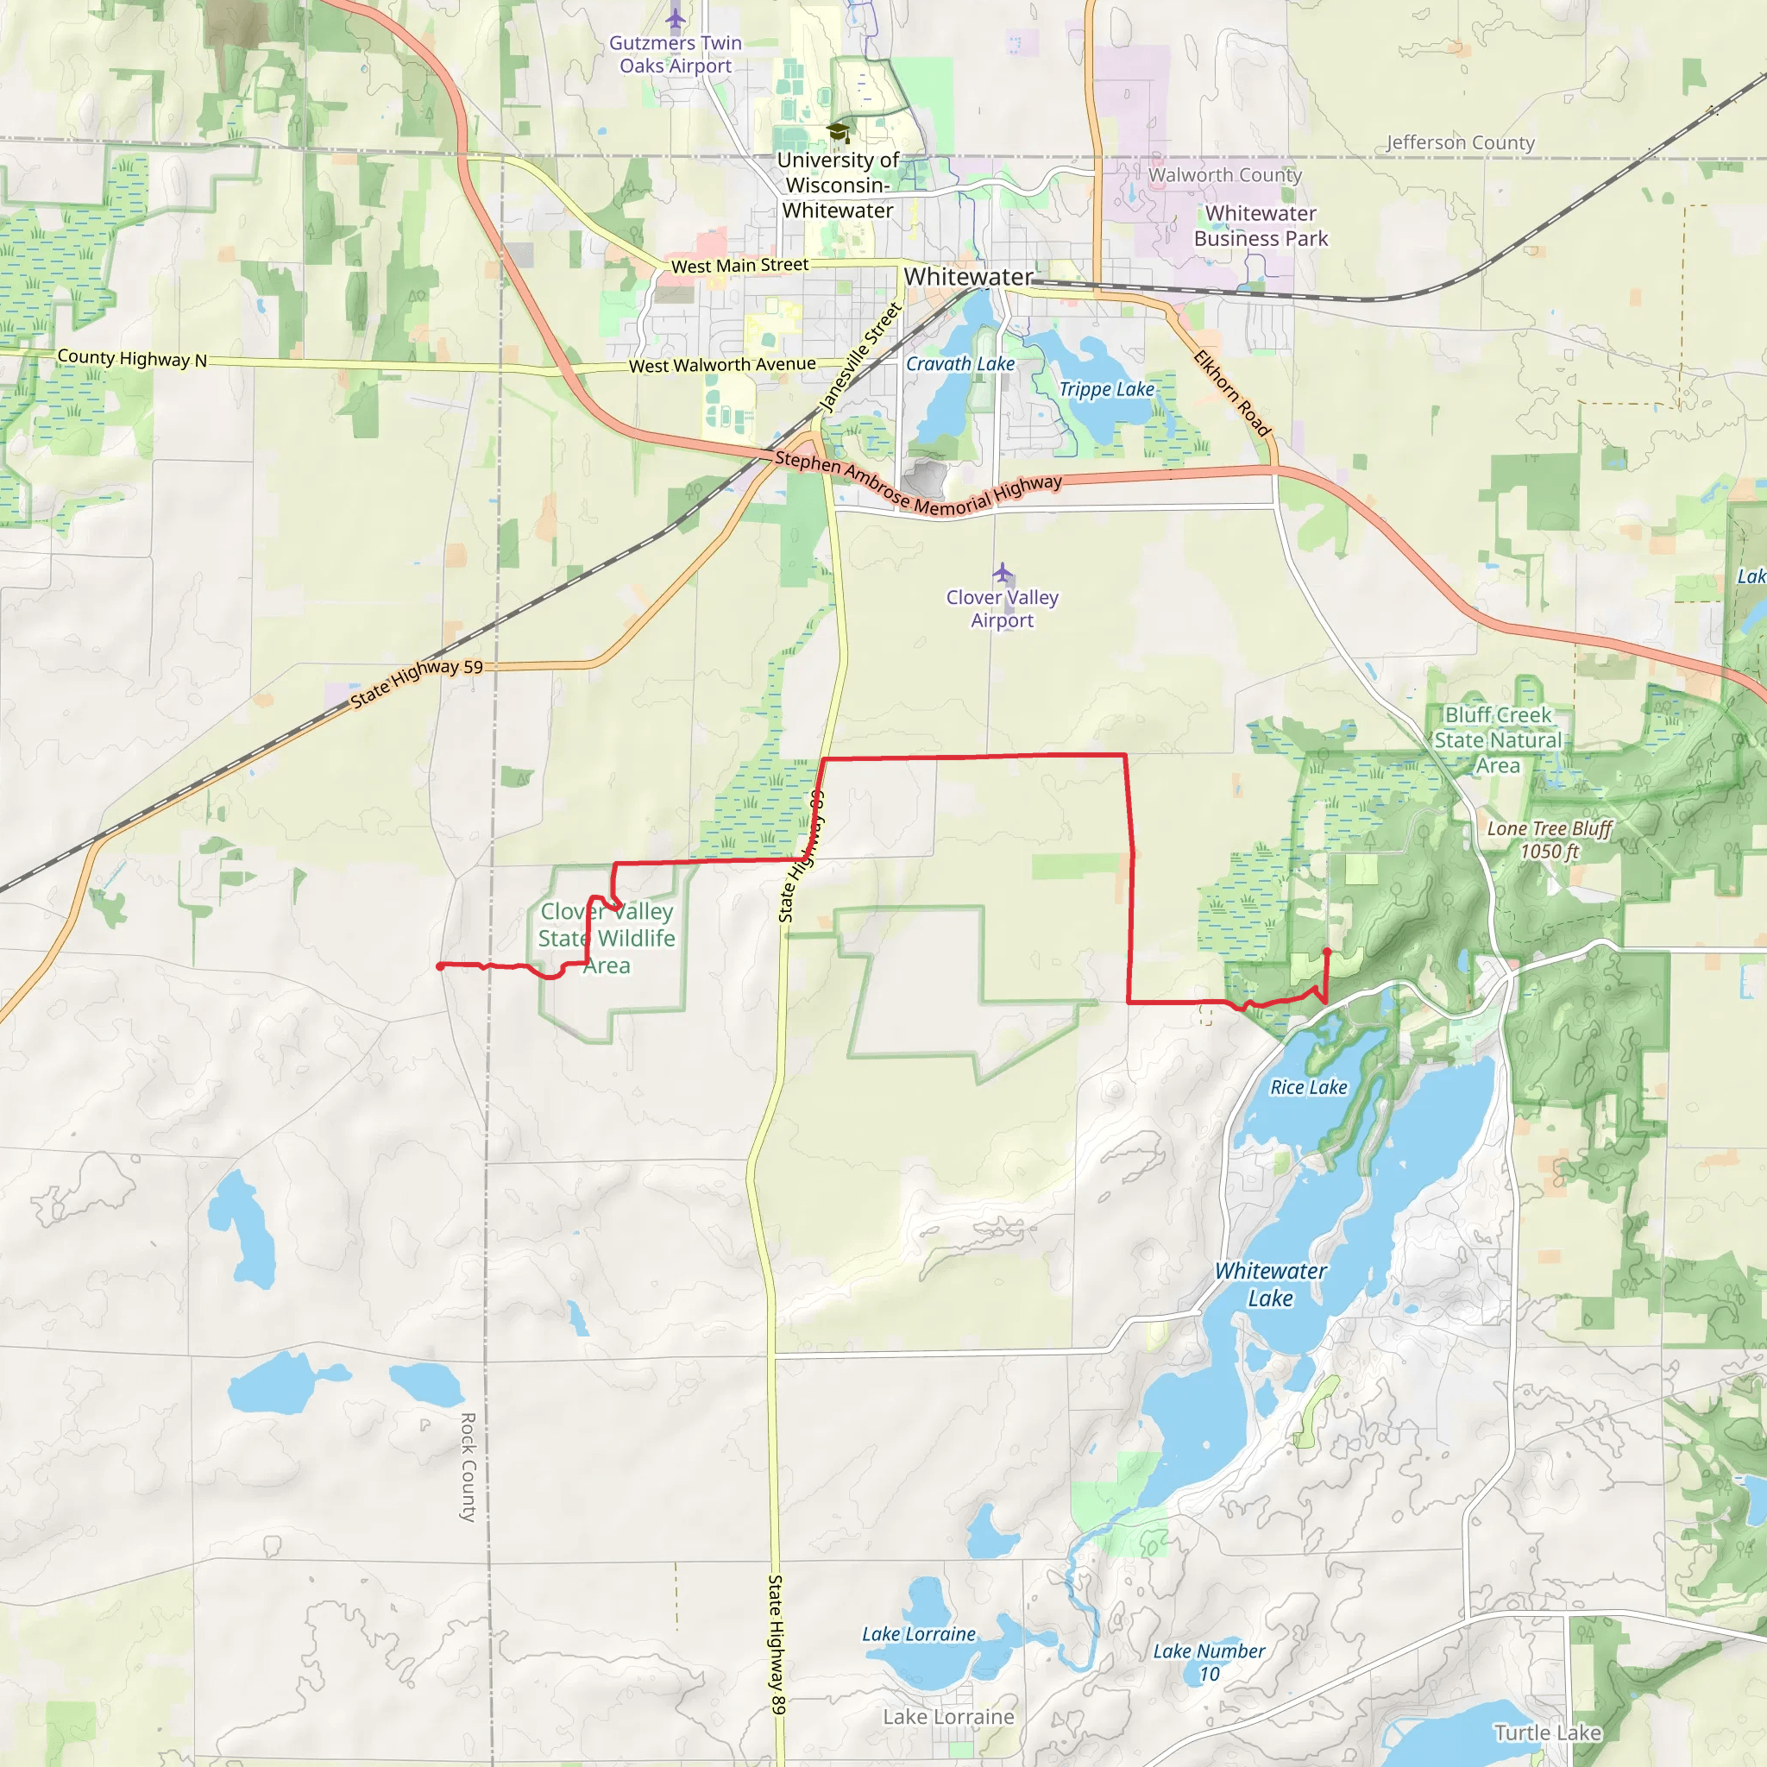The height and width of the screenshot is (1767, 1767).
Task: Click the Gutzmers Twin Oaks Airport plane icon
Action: (x=675, y=17)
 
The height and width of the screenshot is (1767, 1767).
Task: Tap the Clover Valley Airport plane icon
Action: (x=1003, y=574)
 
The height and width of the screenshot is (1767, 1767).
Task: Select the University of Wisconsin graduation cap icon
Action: (x=837, y=133)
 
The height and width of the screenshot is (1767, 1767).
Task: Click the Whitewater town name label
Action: (x=968, y=276)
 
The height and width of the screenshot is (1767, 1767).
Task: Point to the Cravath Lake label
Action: (x=960, y=364)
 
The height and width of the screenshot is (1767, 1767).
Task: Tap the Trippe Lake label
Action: (x=1107, y=390)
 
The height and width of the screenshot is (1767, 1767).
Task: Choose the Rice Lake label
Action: (x=1308, y=1087)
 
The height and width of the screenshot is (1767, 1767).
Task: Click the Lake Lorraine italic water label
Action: (x=918, y=1634)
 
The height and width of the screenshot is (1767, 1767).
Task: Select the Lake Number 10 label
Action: (x=1208, y=1662)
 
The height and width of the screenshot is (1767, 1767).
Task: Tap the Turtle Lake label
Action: (x=1548, y=1732)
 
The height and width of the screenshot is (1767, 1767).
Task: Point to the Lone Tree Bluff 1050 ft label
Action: (x=1550, y=839)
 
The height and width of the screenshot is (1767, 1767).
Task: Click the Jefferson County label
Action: (x=1461, y=142)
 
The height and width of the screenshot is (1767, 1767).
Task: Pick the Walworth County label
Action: (x=1224, y=174)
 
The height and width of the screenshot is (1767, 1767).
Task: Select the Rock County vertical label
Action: (x=468, y=1467)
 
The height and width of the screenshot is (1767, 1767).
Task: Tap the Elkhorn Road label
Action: (x=1232, y=393)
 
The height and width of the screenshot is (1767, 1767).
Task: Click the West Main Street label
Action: (x=739, y=265)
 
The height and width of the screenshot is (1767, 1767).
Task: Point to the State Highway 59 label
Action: (x=416, y=682)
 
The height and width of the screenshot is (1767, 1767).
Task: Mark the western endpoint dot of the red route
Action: (x=440, y=965)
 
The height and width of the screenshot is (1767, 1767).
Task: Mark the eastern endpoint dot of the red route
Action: (x=1327, y=953)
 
